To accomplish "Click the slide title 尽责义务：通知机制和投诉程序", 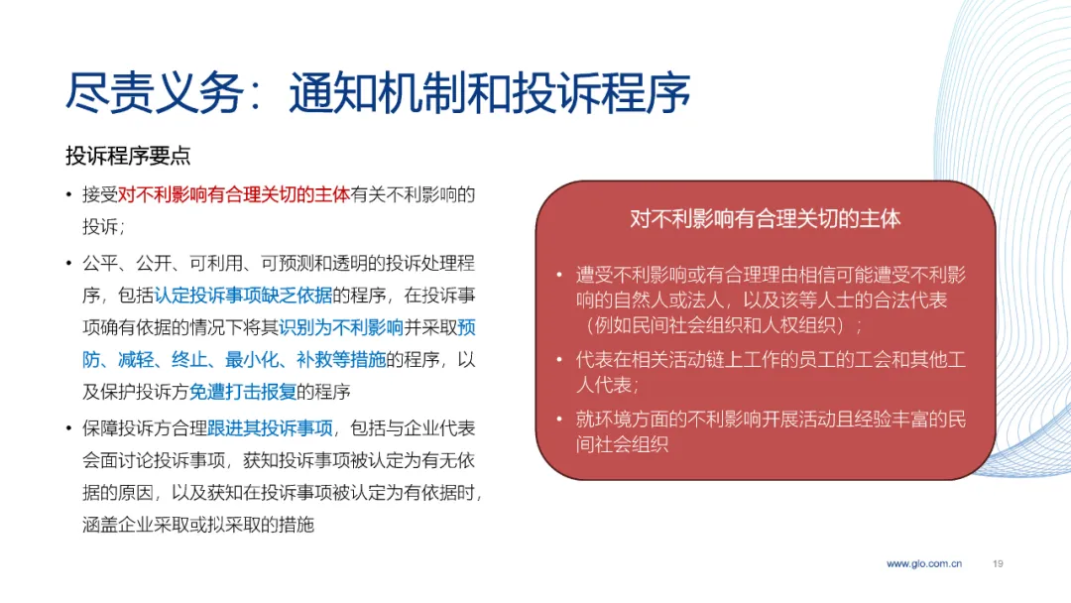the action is pos(378,92).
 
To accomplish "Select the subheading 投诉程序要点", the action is pos(128,155).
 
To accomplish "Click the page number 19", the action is pos(998,563).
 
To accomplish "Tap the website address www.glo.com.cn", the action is pos(924,563).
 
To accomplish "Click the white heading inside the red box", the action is pos(765,218).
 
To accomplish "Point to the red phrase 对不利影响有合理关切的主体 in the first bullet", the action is pos(234,194).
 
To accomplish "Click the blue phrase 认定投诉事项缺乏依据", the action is pos(243,295).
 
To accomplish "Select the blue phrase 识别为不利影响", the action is pos(341,327).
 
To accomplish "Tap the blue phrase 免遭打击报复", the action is pos(243,392).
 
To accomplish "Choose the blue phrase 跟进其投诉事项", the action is pos(270,428).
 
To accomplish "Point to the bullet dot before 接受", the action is pos(69,195).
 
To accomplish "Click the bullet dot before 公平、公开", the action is pos(69,264).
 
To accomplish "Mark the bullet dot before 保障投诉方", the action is pos(69,428).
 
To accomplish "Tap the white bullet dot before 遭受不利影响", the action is pos(559,275).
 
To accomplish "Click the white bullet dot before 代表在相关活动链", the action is pos(559,360).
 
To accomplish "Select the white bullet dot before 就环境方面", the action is pos(559,420).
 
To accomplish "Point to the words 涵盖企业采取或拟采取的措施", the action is pos(198,525).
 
